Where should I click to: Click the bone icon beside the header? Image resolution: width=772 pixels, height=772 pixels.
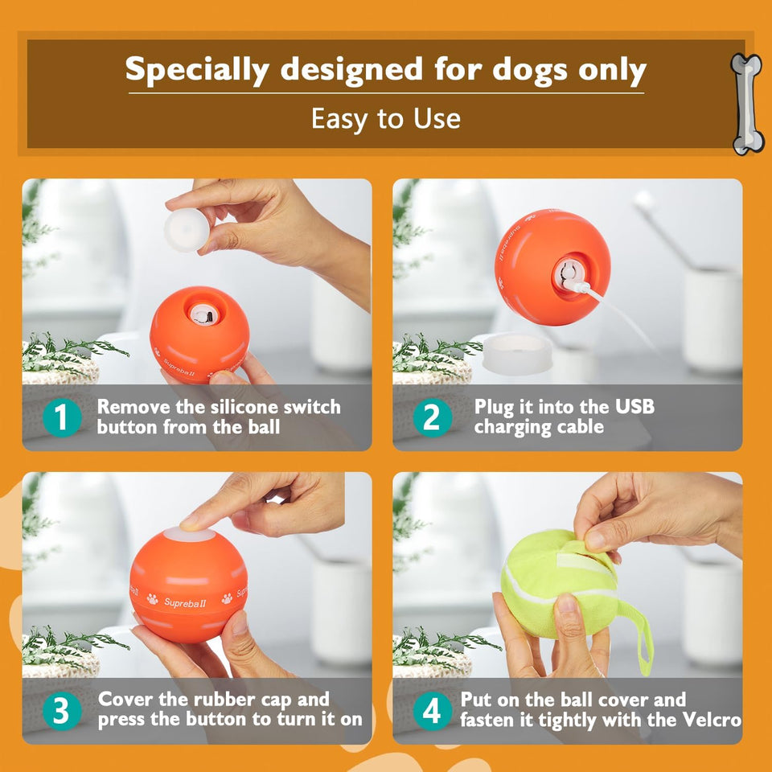pos(747,104)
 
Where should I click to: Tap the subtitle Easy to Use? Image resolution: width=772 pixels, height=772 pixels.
pos(386,119)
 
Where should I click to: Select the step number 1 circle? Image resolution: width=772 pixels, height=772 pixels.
pos(63,417)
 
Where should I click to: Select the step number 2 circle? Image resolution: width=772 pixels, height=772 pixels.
pos(433,417)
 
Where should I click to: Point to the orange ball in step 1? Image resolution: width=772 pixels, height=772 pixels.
pos(199,334)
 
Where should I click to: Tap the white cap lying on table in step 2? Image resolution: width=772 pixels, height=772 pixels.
pos(517,353)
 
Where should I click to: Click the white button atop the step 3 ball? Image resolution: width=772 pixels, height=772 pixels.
pos(190,535)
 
